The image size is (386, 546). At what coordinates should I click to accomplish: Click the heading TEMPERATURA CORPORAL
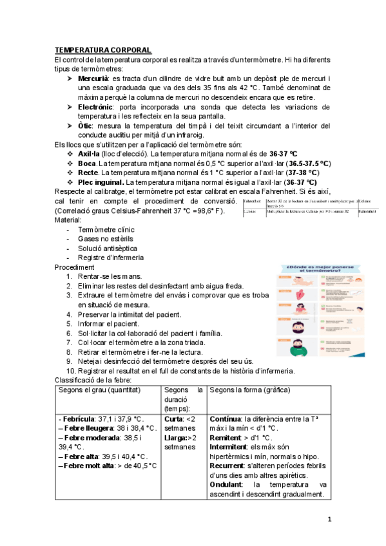[103, 50]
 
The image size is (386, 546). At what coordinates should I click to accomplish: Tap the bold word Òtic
[86, 126]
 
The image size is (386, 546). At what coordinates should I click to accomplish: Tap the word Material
[70, 220]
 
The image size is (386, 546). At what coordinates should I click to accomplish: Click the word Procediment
[75, 267]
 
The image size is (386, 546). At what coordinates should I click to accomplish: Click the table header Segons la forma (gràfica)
[250, 390]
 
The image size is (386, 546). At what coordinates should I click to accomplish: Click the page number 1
[329, 519]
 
